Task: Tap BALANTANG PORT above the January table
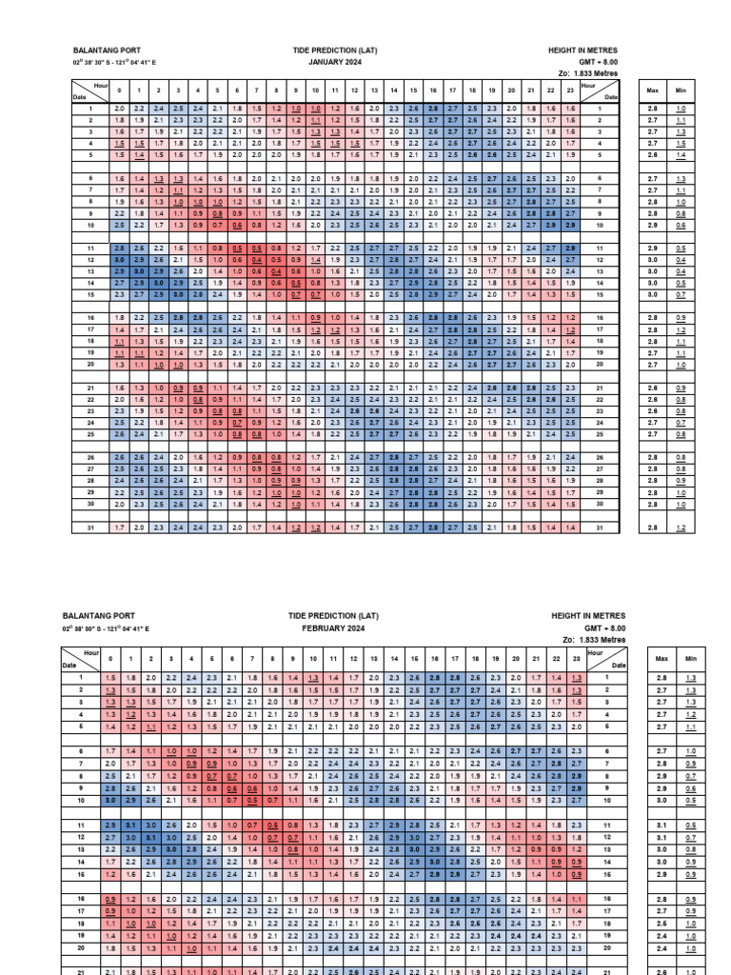(x=99, y=50)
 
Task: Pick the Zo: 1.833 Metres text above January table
(x=589, y=73)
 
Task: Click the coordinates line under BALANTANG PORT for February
(x=104, y=629)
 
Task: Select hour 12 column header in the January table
(x=354, y=90)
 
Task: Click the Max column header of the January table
(x=652, y=90)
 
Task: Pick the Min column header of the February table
(x=682, y=658)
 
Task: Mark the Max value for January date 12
(x=652, y=259)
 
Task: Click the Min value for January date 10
(x=681, y=225)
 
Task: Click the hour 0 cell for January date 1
(x=118, y=109)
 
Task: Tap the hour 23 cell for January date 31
(x=570, y=527)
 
